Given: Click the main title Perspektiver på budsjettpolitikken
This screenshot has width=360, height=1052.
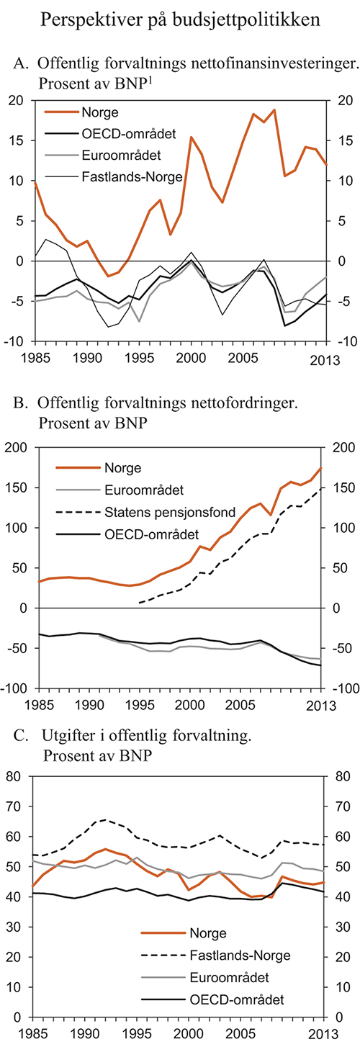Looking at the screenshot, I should click(180, 19).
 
